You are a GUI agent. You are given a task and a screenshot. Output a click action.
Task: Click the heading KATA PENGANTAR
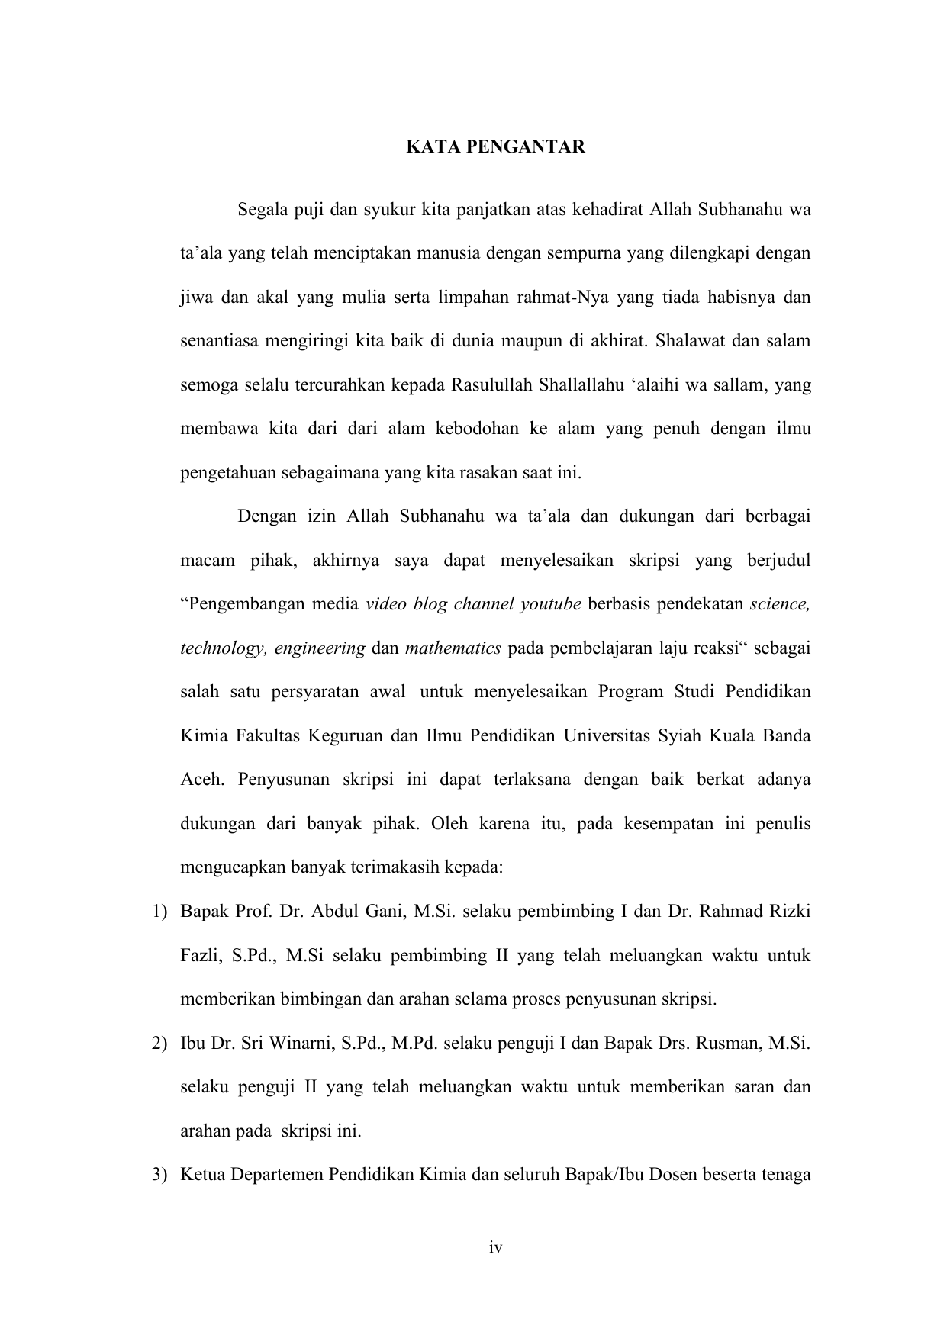495,147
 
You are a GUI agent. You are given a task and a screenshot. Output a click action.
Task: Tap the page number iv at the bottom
496,1248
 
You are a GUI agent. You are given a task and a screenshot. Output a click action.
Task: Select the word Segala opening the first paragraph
263,209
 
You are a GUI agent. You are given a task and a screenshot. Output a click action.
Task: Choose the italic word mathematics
453,648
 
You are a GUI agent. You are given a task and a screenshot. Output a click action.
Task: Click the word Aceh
201,780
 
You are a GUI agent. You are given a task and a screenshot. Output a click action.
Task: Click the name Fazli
201,956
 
